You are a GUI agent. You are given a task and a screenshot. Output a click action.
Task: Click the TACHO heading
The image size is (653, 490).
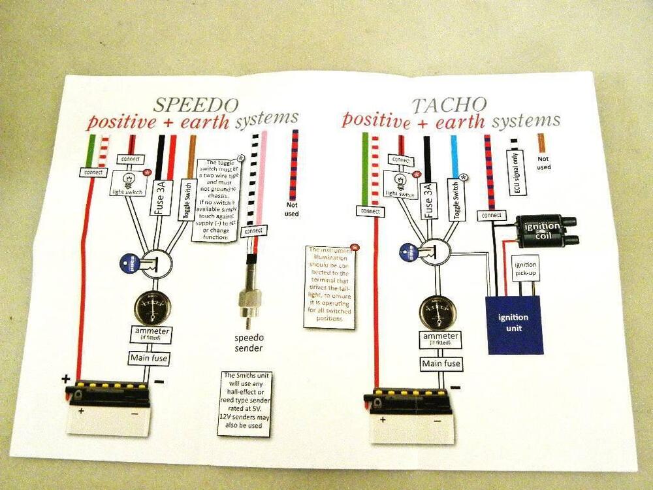click(x=449, y=105)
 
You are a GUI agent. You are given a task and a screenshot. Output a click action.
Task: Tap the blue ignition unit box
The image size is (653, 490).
click(x=515, y=323)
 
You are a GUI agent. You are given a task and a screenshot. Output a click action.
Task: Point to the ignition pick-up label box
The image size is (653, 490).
click(x=526, y=267)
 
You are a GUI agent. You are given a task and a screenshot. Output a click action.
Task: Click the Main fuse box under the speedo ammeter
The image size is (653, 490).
click(x=147, y=358)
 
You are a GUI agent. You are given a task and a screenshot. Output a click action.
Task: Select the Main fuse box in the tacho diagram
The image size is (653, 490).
click(x=441, y=363)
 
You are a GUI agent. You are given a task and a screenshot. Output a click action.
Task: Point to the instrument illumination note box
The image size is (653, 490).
click(x=330, y=286)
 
